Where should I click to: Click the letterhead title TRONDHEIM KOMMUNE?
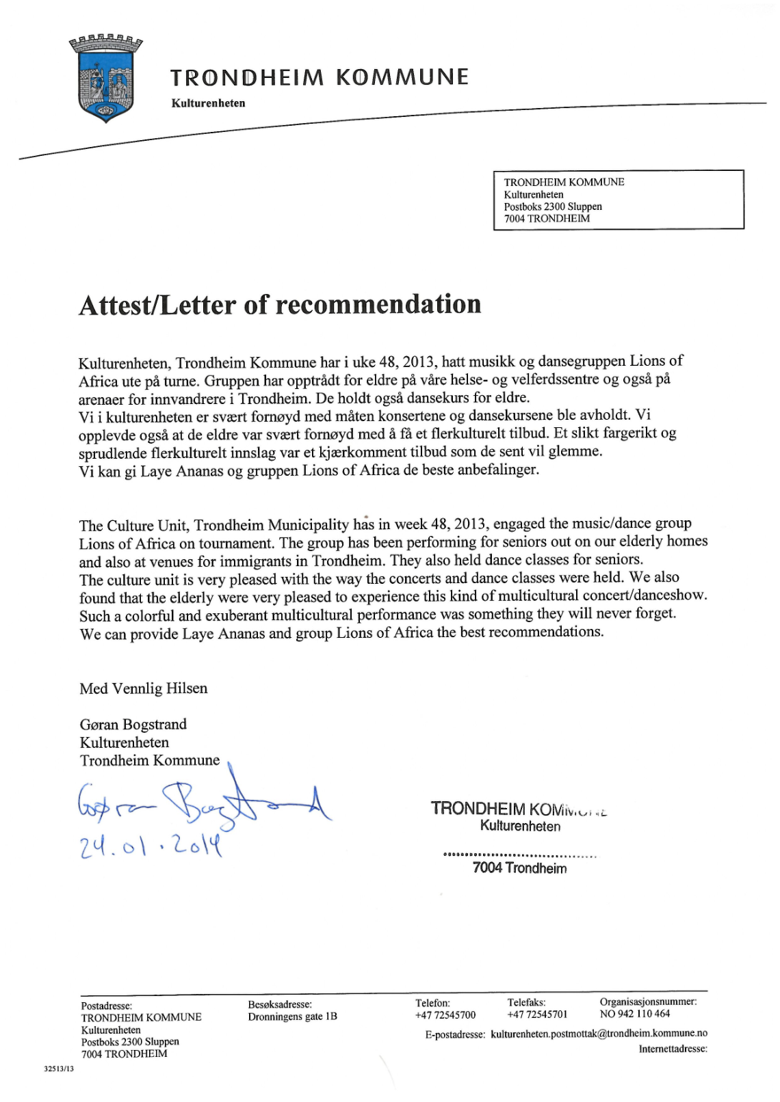click(320, 77)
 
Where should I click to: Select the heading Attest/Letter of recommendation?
click(280, 305)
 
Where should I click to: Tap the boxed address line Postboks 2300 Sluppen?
click(553, 206)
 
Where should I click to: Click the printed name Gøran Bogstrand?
click(133, 724)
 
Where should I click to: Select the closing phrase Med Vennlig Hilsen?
click(143, 688)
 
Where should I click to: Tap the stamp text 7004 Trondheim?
click(519, 868)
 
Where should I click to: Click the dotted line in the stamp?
click(519, 855)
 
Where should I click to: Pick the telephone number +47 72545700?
click(445, 1014)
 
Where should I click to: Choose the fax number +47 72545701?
click(537, 1014)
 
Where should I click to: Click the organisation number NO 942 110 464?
click(635, 1014)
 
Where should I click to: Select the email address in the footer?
click(599, 1034)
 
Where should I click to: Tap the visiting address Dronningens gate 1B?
click(292, 1017)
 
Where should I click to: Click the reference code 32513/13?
click(58, 1069)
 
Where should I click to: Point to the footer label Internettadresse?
click(673, 1049)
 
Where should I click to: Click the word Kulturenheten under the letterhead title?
click(208, 103)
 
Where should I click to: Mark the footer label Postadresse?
click(106, 1006)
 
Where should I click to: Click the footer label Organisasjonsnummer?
click(648, 1002)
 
